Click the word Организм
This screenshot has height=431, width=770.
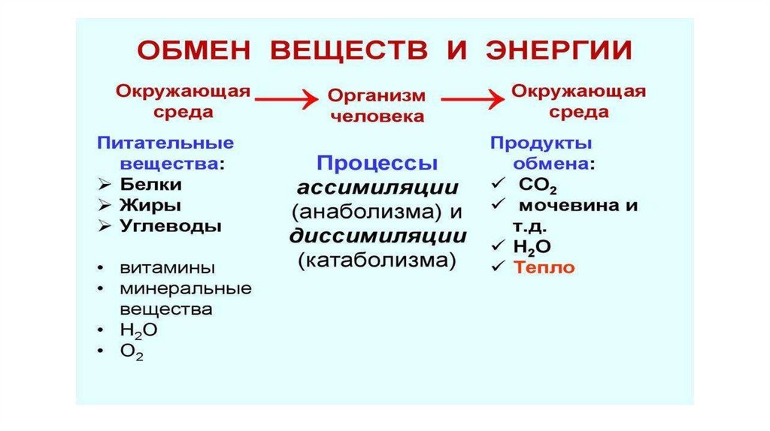point(377,96)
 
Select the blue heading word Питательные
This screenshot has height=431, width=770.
point(165,143)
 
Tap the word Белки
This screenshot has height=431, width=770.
point(150,184)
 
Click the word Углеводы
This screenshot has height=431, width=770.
point(170,226)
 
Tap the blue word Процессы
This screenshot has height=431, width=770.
point(377,164)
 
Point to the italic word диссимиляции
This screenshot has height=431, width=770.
point(377,237)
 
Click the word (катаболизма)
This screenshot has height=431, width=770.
point(377,261)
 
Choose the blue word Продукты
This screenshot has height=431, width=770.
point(541,143)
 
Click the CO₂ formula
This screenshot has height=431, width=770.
point(537,185)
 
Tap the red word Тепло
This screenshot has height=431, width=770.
point(544,267)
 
